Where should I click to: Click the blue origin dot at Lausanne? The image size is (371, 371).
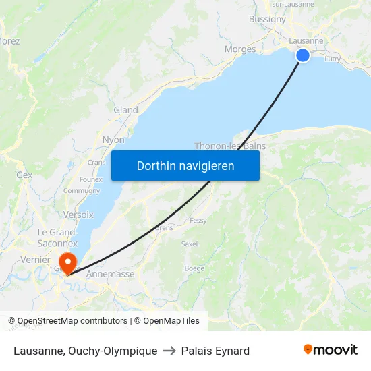[303, 55]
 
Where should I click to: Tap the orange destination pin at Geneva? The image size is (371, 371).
[67, 262]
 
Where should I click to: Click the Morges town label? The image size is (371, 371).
[240, 49]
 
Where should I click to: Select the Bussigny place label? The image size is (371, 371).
[267, 19]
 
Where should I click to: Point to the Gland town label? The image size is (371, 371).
[125, 110]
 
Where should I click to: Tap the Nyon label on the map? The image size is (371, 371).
[113, 140]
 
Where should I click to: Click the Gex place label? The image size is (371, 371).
[24, 175]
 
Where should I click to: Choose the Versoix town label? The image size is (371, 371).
[78, 215]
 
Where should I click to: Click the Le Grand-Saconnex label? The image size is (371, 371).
[57, 237]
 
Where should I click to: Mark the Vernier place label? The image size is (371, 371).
[36, 260]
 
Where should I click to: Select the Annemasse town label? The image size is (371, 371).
[111, 274]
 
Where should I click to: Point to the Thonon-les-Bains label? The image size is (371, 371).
[230, 146]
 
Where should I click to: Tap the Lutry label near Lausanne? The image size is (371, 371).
[333, 59]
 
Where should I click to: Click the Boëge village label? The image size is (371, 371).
[194, 268]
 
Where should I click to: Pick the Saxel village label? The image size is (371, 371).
[190, 244]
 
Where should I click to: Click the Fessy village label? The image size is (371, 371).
[198, 221]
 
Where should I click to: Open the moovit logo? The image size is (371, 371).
[331, 349]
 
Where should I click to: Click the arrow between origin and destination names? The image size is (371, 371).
[169, 351]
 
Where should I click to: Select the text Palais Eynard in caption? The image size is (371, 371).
[215, 351]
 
